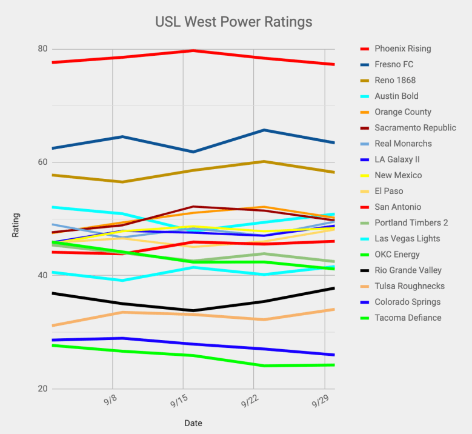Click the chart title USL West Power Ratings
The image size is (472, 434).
[234, 22]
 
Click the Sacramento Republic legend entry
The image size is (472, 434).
[415, 128]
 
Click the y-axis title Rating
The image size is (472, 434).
[16, 224]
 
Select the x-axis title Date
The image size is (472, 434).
[193, 423]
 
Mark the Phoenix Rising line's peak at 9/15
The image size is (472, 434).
[193, 51]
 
